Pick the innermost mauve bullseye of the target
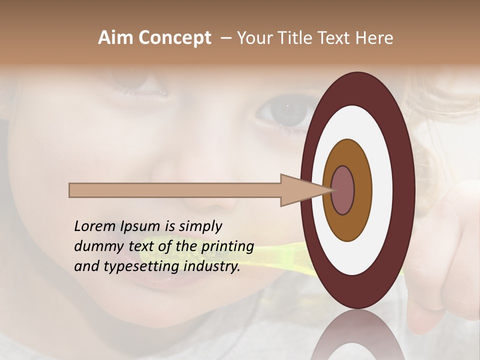tap(342, 190)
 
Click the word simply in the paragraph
tap(200, 226)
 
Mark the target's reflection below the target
tap(357, 337)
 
